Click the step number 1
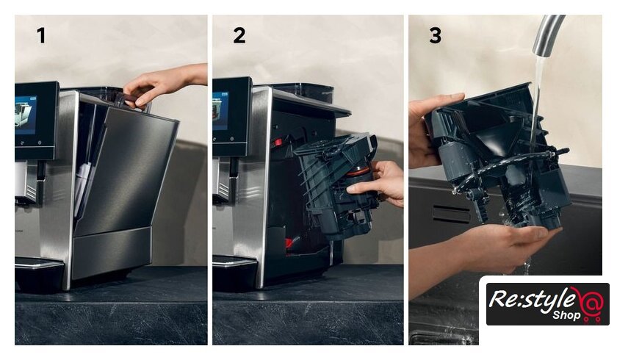coord(41,35)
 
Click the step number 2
coord(239,35)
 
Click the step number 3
coord(435,35)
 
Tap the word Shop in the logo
coord(566,314)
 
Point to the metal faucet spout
coord(548,35)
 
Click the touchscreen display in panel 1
coord(26,115)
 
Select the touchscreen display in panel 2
coord(220,111)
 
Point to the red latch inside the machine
coord(278,142)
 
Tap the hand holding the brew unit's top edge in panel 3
coord(427,126)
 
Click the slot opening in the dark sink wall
coord(451,214)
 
